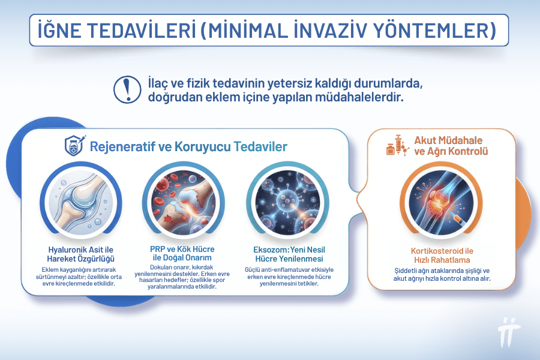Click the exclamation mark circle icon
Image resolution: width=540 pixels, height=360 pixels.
pos(125,88)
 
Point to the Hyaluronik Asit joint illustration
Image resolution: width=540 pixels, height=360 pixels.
pos(80,200)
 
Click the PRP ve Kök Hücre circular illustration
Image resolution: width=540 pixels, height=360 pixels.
pos(182,200)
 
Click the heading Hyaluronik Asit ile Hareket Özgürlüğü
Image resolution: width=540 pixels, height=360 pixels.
pos(80,254)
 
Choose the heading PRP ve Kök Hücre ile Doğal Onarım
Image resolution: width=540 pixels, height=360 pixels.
pos(182,254)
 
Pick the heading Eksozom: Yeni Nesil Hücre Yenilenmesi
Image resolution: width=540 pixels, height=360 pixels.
pos(289,254)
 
